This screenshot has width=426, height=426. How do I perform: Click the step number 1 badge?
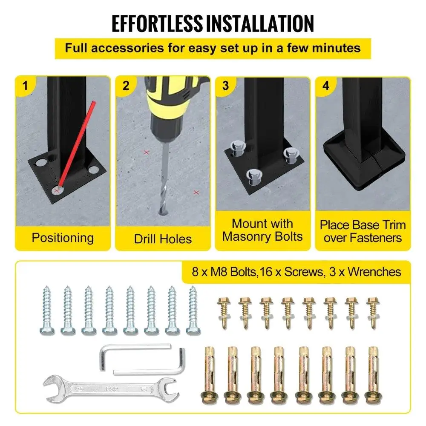[x=26, y=86]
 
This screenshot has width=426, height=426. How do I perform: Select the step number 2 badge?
[x=126, y=86]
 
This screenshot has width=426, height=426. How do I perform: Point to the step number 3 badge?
[x=225, y=86]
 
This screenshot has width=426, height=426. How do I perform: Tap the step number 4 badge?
[x=326, y=86]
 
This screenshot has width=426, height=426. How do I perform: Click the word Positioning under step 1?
[x=63, y=237]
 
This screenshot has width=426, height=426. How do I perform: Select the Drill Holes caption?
[x=163, y=239]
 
